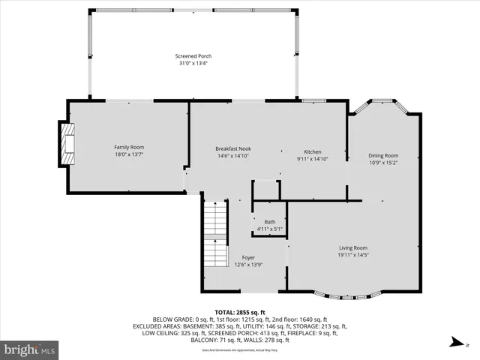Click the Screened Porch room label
[x=193, y=56]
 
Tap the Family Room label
[x=129, y=147]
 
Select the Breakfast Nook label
[x=233, y=148]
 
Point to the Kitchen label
[x=312, y=151]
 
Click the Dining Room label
[x=382, y=155]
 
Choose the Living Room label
[x=353, y=247]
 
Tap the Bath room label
[x=270, y=221]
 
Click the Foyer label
[x=248, y=257]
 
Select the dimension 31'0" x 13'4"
[x=193, y=64]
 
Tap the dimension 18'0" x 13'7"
[x=129, y=154]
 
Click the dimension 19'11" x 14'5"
[x=353, y=255]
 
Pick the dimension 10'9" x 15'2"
[x=382, y=163]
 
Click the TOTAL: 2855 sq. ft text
[x=240, y=311]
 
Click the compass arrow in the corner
[x=455, y=343]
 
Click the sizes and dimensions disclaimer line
[x=240, y=349]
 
